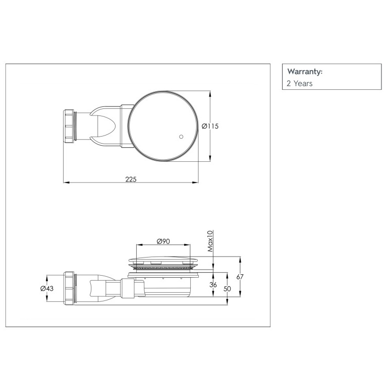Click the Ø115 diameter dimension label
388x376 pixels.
pos(210,127)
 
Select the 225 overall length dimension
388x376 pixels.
pos(131,179)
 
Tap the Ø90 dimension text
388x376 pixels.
pos(163,241)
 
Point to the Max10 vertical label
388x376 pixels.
pos(210,241)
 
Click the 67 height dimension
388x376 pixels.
pos(240,277)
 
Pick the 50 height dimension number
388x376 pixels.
pos(227,288)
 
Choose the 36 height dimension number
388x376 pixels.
pos(213,285)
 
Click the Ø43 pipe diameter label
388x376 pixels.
pos(47,288)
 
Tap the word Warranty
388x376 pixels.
pos(305,72)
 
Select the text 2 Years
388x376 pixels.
pos(300,84)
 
